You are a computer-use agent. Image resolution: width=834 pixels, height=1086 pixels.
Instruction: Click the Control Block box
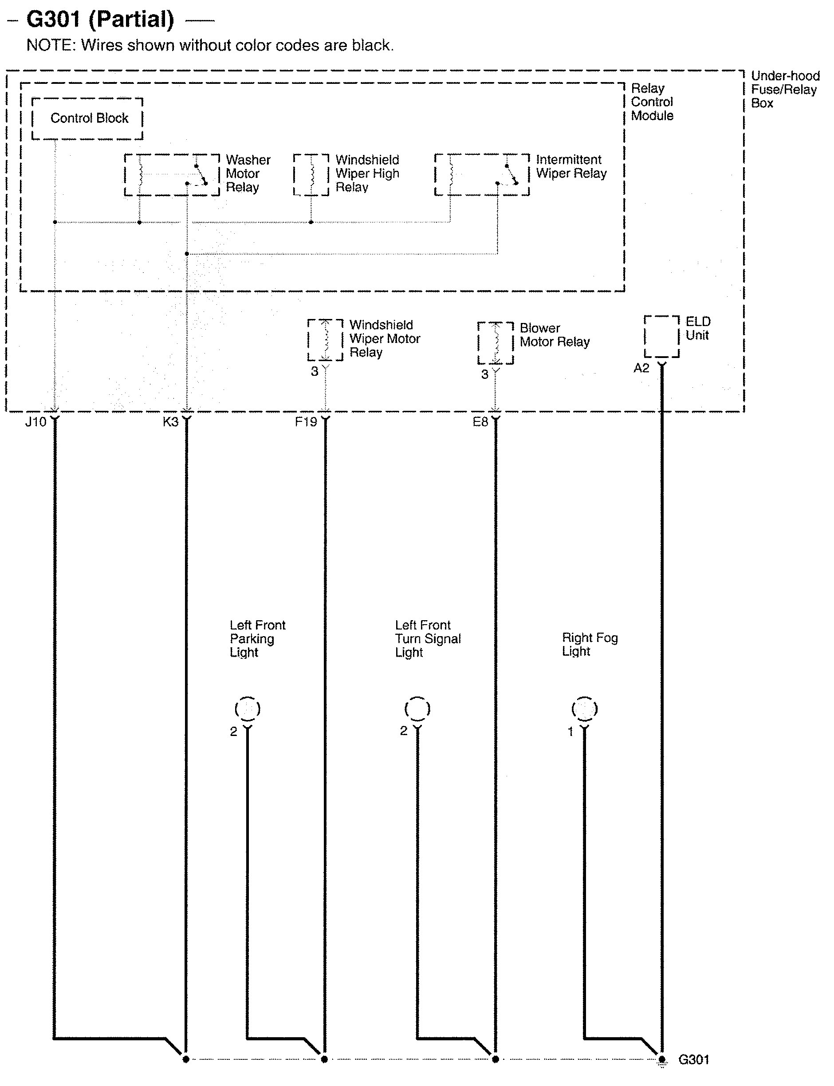pos(87,118)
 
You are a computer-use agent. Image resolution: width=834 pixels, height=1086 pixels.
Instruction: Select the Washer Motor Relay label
pos(248,174)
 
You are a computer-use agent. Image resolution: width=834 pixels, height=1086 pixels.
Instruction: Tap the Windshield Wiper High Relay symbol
pos(311,175)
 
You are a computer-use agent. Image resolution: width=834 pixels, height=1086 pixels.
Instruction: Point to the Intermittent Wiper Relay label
pos(571,167)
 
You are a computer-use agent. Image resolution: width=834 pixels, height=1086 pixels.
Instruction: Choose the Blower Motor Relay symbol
pos(496,343)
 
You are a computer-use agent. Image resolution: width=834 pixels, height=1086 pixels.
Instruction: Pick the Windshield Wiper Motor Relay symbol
pos(325,340)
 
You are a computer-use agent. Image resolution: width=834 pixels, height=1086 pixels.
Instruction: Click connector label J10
pos(36,422)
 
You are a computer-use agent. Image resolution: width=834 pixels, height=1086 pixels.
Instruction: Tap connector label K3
pos(170,422)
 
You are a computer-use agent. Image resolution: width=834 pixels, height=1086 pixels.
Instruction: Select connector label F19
pos(305,422)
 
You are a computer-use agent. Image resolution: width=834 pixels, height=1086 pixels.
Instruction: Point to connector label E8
pos(480,422)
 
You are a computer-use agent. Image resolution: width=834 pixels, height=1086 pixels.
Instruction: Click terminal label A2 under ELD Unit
pos(641,368)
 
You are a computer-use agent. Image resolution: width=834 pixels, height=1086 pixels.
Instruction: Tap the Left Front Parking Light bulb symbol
pos(247,709)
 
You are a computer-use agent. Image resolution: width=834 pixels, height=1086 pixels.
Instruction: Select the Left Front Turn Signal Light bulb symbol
pos(417,709)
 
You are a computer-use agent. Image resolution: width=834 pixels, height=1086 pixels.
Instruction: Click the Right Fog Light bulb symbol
pos(584,709)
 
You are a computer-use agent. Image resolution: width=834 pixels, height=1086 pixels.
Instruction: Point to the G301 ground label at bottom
pos(693,1060)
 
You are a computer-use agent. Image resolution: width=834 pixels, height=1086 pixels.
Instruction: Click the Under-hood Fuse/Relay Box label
pos(784,90)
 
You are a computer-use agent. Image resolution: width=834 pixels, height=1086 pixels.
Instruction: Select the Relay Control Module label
pos(652,102)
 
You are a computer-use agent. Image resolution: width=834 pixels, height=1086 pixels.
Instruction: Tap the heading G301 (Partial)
pos(100,20)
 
